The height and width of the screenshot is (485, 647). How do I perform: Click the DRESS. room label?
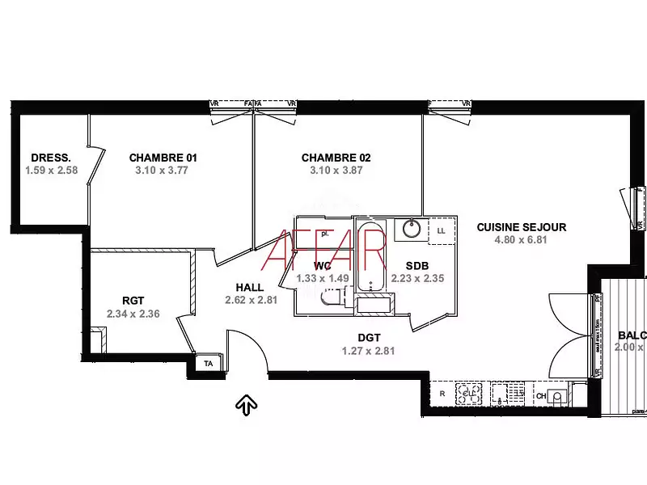coord(51,158)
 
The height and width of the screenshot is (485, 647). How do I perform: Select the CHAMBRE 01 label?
coord(163,158)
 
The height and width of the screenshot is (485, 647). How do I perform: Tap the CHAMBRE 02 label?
coord(336,158)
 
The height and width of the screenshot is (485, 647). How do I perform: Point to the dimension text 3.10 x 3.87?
coord(336,171)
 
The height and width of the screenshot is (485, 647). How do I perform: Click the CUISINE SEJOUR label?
coord(521,227)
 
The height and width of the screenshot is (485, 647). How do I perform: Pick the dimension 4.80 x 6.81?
coord(521,240)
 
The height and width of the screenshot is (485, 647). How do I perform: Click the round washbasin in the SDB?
coord(411,230)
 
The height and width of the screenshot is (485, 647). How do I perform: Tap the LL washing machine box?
coord(441,230)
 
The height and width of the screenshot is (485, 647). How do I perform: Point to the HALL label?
coord(249,287)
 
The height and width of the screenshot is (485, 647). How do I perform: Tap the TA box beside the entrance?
coord(208,365)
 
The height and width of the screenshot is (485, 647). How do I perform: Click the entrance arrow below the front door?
coord(246,404)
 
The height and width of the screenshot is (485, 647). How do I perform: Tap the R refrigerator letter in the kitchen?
coord(442,394)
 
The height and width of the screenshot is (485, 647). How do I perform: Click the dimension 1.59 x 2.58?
coord(51,171)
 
